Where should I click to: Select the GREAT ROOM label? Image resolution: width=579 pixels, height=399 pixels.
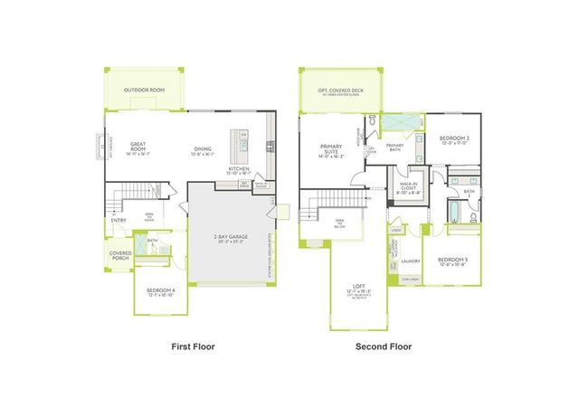click(138, 146)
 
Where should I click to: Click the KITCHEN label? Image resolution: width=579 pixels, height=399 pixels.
click(239, 169)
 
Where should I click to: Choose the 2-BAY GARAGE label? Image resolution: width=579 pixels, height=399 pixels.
click(232, 237)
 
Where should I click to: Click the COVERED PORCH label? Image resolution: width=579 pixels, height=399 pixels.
click(120, 256)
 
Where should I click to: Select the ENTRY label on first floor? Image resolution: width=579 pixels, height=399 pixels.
click(119, 220)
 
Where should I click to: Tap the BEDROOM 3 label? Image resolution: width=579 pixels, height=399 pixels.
click(451, 261)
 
